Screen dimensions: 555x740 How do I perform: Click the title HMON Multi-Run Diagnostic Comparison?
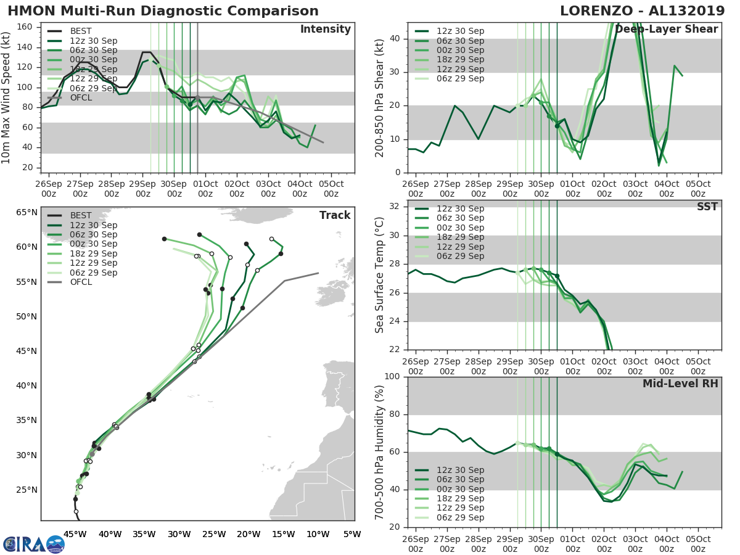click(x=163, y=11)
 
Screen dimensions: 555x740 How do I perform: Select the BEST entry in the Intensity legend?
click(x=81, y=31)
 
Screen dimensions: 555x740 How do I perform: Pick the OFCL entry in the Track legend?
click(x=81, y=282)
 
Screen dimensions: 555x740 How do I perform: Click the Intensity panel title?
click(x=325, y=30)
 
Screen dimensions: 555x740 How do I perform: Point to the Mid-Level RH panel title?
click(x=680, y=384)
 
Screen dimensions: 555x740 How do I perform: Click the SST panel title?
click(x=707, y=207)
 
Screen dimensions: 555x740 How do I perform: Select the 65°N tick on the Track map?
click(x=27, y=213)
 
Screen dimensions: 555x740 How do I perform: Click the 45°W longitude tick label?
click(x=75, y=535)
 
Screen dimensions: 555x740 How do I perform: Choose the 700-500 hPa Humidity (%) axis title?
click(x=380, y=451)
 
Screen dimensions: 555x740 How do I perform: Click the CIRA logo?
click(x=34, y=544)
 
